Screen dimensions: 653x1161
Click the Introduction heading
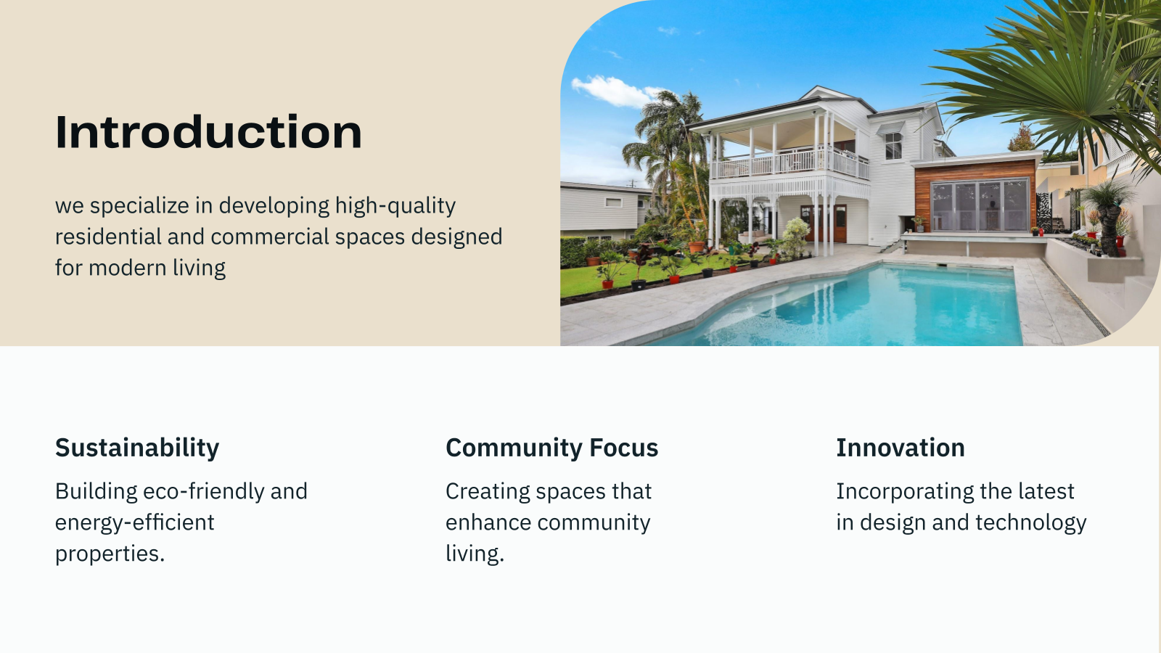coord(208,132)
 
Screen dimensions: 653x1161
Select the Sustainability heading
coord(137,448)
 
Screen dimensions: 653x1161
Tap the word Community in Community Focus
coord(514,448)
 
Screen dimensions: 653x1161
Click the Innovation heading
coord(900,448)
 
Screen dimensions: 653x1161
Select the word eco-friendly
coord(203,491)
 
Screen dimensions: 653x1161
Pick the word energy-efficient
coord(134,522)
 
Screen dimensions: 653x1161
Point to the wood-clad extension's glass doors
coord(980,206)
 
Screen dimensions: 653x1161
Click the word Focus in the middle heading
coord(623,448)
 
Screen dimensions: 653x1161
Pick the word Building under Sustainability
coord(96,492)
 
